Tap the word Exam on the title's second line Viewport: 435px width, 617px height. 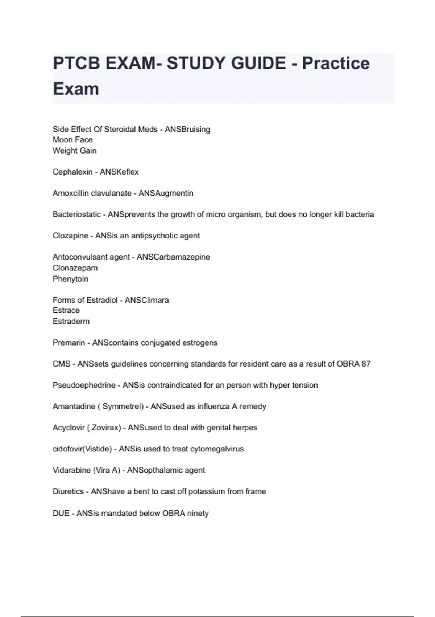(76, 89)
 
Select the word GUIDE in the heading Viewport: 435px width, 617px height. (258, 63)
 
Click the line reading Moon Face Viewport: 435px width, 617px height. (72, 140)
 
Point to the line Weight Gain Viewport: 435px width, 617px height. (74, 151)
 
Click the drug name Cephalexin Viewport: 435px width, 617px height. (72, 172)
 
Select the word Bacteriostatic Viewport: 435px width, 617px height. (76, 214)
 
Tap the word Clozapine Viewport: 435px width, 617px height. (70, 236)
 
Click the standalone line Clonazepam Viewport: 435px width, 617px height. (75, 268)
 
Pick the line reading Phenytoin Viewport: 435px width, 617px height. (70, 279)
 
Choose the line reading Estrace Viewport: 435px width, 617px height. (66, 310)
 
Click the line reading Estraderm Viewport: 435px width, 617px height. (71, 321)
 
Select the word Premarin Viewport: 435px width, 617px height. (69, 343)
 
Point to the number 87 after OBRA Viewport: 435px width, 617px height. (366, 364)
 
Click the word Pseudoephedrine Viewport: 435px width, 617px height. (84, 385)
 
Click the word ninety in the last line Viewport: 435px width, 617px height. (198, 514)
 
